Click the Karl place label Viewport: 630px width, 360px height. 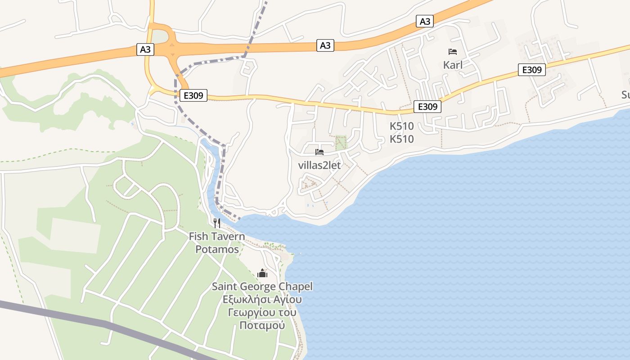(453, 65)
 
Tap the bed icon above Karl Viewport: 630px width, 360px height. (453, 52)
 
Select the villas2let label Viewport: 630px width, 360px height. (319, 165)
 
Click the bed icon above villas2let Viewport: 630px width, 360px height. (319, 152)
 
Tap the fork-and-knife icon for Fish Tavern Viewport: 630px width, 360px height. (216, 223)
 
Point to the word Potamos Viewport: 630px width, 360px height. (217, 249)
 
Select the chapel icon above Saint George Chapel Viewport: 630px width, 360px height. (262, 273)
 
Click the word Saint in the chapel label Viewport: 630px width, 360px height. (225, 287)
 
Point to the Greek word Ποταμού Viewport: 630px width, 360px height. (262, 325)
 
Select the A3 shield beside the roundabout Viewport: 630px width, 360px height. (145, 49)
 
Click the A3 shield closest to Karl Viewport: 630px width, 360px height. (425, 21)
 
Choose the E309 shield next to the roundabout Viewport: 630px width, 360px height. (193, 95)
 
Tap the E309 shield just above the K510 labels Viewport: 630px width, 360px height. (427, 107)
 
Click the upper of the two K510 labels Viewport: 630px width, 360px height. (401, 126)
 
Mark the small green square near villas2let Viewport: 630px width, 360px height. (341, 143)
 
